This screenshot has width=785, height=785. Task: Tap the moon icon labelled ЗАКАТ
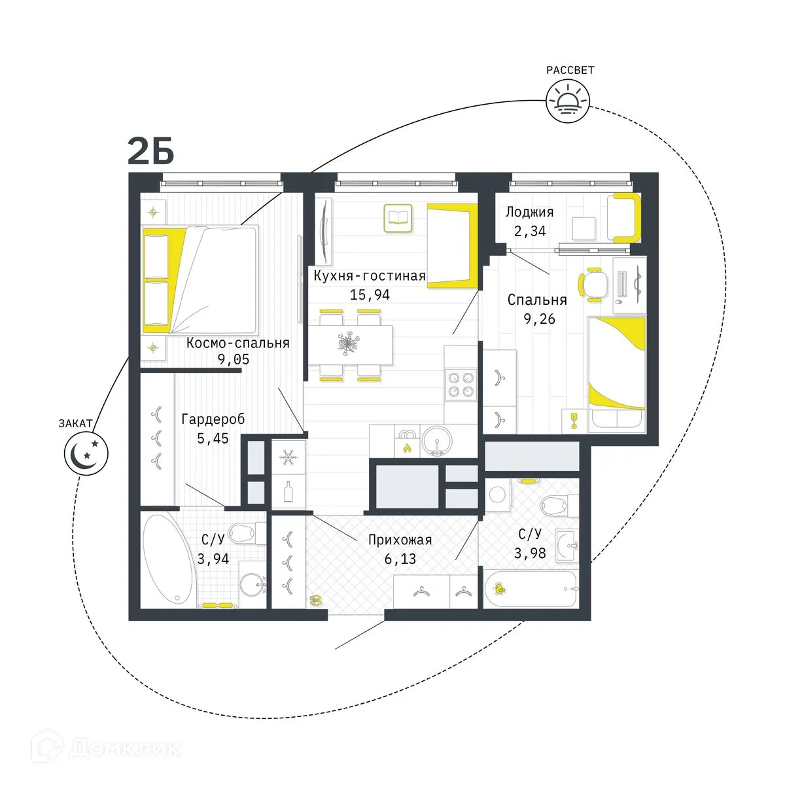click(85, 452)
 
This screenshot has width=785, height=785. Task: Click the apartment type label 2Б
click(150, 152)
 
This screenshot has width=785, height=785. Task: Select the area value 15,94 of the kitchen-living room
click(370, 295)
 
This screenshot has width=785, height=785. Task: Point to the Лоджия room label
click(529, 212)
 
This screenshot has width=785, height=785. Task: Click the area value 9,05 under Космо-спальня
click(233, 359)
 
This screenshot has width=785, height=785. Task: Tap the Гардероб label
click(213, 419)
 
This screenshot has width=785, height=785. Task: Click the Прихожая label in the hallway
click(400, 540)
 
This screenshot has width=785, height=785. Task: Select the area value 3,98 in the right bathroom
click(530, 553)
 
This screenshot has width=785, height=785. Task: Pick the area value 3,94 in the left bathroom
click(213, 559)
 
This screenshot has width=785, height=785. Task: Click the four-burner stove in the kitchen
click(460, 384)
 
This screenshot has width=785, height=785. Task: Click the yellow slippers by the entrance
click(317, 599)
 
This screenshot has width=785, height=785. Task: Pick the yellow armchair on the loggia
click(624, 218)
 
